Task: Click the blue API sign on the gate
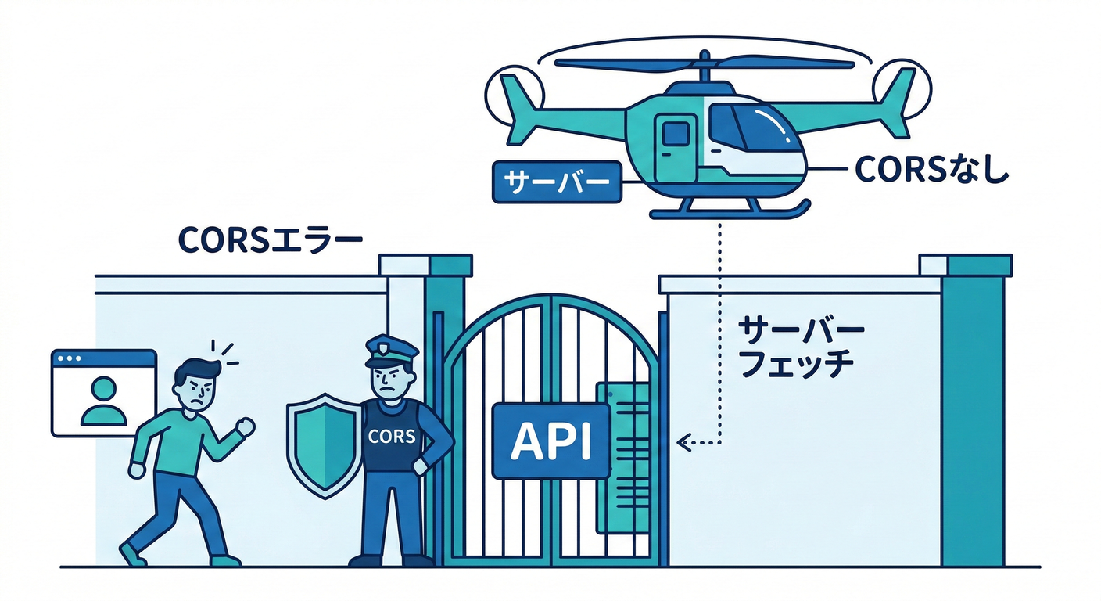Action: pyautogui.click(x=550, y=441)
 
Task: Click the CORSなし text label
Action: pyautogui.click(x=931, y=167)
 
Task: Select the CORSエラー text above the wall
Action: pyautogui.click(x=270, y=239)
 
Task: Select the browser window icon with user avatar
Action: pyautogui.click(x=104, y=392)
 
